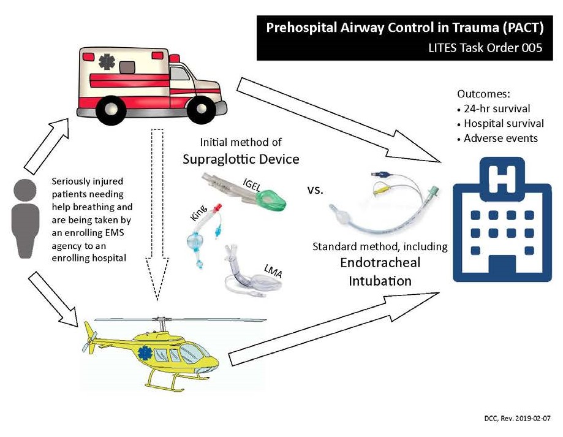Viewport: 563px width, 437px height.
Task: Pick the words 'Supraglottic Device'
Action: click(241, 159)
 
